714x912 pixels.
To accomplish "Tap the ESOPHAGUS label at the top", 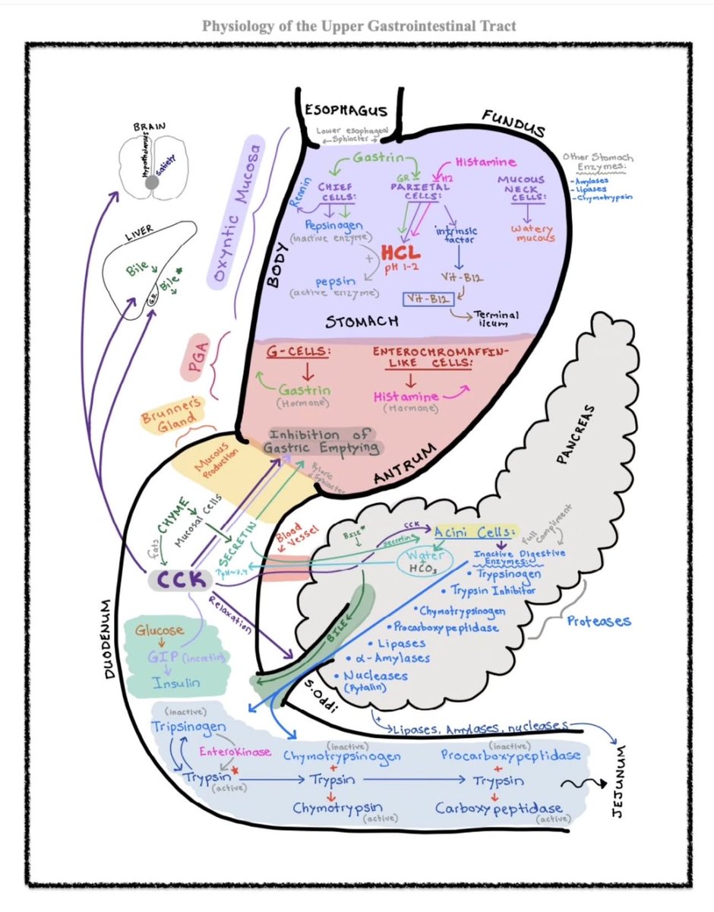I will (x=346, y=111).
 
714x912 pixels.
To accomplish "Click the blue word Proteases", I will (x=599, y=621).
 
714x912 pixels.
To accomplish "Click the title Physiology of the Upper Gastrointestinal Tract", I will (x=359, y=26).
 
